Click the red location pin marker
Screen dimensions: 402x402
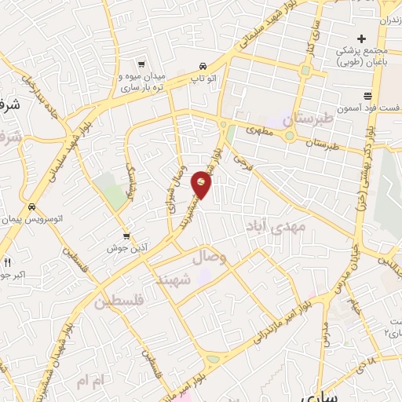[202, 185]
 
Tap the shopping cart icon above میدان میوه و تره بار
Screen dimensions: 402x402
[141, 64]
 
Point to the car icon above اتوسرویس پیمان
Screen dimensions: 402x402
[31, 207]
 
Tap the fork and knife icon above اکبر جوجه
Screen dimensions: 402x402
[7, 262]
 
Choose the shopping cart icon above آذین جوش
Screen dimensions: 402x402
[126, 235]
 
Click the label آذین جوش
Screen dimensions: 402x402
[126, 247]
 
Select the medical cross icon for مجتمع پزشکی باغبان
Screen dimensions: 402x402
[361, 38]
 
